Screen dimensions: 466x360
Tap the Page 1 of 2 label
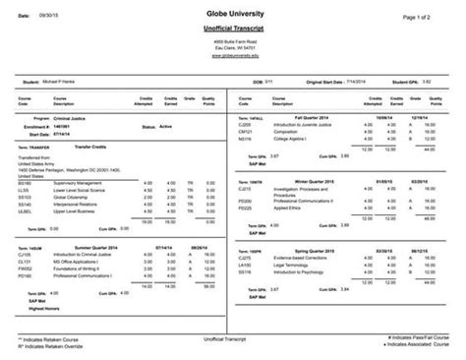pyautogui.click(x=424, y=18)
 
